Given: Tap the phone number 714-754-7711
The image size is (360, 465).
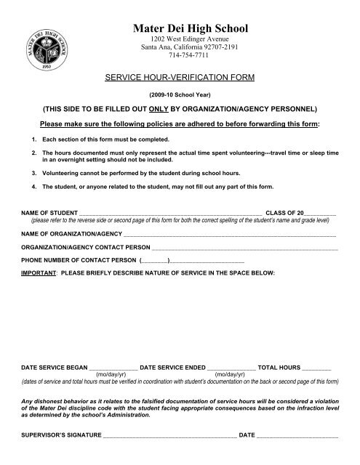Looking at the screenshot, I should click(x=179, y=54).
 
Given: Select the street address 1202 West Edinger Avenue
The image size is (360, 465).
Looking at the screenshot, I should click(x=179, y=38).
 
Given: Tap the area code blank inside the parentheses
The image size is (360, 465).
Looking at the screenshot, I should click(x=154, y=259).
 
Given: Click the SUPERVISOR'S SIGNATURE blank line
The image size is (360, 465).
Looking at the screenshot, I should click(x=169, y=436).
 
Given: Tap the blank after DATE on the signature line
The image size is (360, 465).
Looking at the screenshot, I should click(x=297, y=436).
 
